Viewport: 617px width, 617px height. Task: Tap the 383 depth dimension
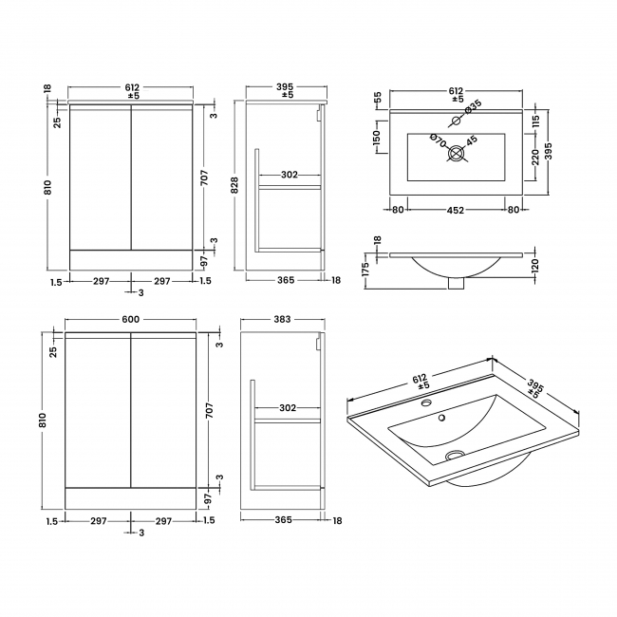point(281,320)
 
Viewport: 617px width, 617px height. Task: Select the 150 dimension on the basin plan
point(376,140)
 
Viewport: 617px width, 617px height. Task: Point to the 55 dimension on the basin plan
point(377,98)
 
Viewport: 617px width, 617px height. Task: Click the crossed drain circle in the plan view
point(457,151)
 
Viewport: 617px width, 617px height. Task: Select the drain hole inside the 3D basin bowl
point(454,456)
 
